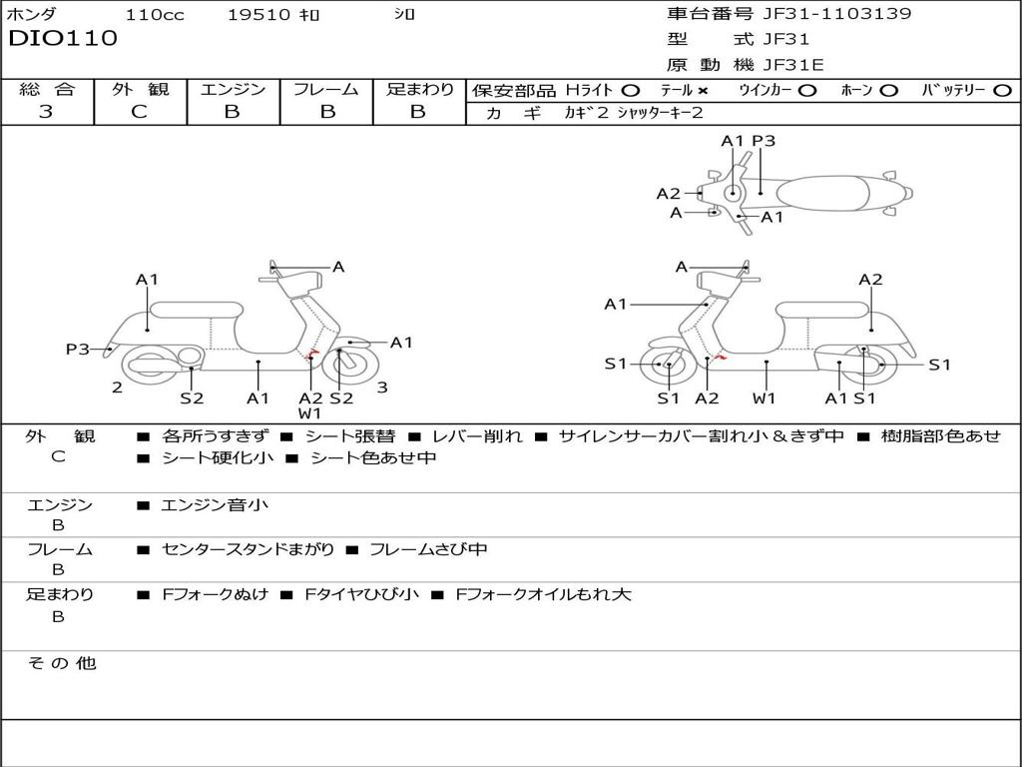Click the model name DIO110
click(x=63, y=39)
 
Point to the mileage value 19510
click(x=257, y=15)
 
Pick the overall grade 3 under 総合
click(x=46, y=112)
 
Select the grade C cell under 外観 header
click(x=140, y=112)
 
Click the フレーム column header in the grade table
click(x=326, y=89)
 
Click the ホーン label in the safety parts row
click(x=857, y=90)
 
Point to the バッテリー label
click(x=953, y=90)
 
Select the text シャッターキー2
click(x=660, y=113)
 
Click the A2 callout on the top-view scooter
click(x=669, y=194)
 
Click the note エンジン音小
click(x=215, y=505)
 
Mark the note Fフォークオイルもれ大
click(x=543, y=594)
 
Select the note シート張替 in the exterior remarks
click(x=349, y=436)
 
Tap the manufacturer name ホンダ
click(x=32, y=15)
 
